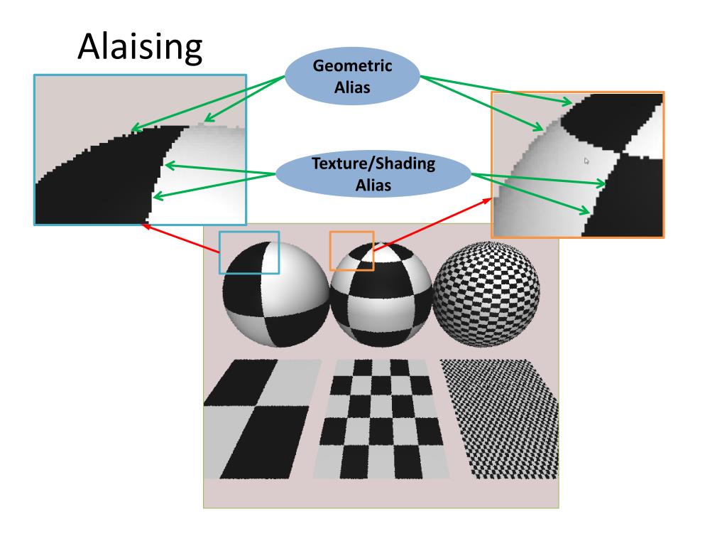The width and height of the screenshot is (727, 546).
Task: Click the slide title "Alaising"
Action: pyautogui.click(x=139, y=47)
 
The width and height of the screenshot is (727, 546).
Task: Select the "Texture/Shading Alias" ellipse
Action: pyautogui.click(x=373, y=173)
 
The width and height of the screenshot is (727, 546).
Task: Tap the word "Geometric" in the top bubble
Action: pyautogui.click(x=353, y=68)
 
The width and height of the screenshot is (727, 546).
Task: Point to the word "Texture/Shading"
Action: pyautogui.click(x=373, y=164)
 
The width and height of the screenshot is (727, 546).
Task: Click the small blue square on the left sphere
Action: pyautogui.click(x=248, y=252)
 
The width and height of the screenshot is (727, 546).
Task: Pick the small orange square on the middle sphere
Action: pyautogui.click(x=351, y=250)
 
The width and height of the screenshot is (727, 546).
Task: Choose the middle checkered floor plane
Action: pyautogui.click(x=381, y=418)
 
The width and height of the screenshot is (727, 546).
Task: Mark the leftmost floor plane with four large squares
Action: pyautogui.click(x=257, y=418)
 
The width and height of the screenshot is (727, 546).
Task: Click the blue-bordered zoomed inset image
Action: pyautogui.click(x=141, y=149)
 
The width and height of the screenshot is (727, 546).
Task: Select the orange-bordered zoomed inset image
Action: pyautogui.click(x=578, y=164)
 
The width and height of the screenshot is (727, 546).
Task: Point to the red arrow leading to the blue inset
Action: pyautogui.click(x=180, y=237)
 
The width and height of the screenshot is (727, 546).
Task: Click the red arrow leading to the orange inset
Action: pyautogui.click(x=433, y=224)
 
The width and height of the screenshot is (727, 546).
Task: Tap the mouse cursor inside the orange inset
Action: pyautogui.click(x=586, y=161)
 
